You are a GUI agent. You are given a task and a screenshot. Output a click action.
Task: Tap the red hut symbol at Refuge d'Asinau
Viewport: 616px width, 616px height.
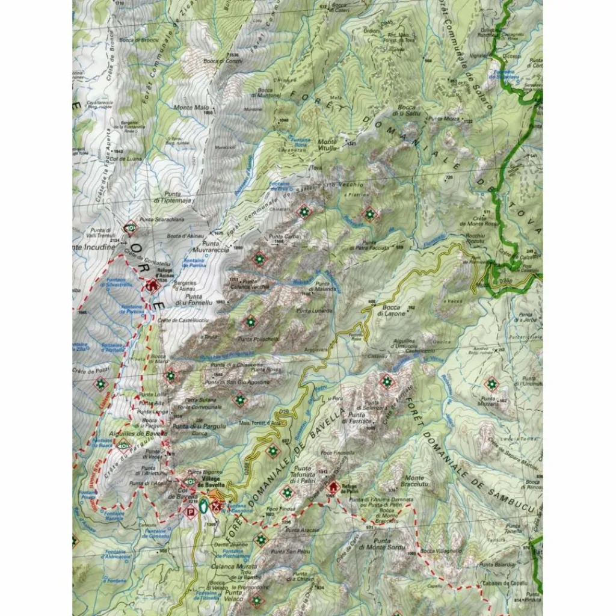click(x=152, y=286)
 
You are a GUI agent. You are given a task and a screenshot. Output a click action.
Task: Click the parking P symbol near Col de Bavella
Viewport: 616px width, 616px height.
click(x=190, y=512)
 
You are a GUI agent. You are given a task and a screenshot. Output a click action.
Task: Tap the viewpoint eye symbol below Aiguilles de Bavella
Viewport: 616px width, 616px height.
click(x=123, y=446)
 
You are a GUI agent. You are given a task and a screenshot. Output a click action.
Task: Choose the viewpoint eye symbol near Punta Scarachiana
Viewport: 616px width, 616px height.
click(x=129, y=228)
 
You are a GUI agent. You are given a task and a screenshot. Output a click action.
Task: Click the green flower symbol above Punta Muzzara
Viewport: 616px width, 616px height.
click(x=492, y=383)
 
